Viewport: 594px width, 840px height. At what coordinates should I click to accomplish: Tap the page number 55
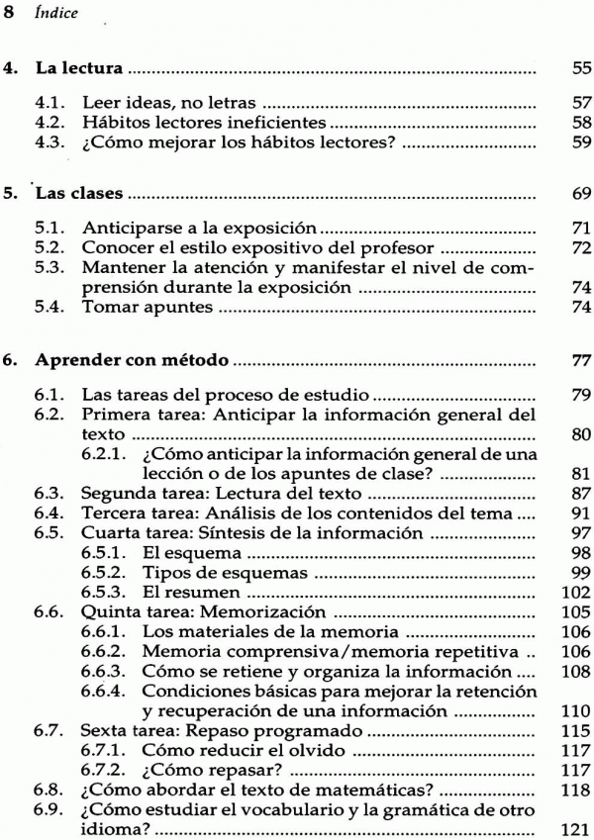[x=581, y=71]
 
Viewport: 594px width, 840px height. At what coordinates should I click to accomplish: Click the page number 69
[x=581, y=186]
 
